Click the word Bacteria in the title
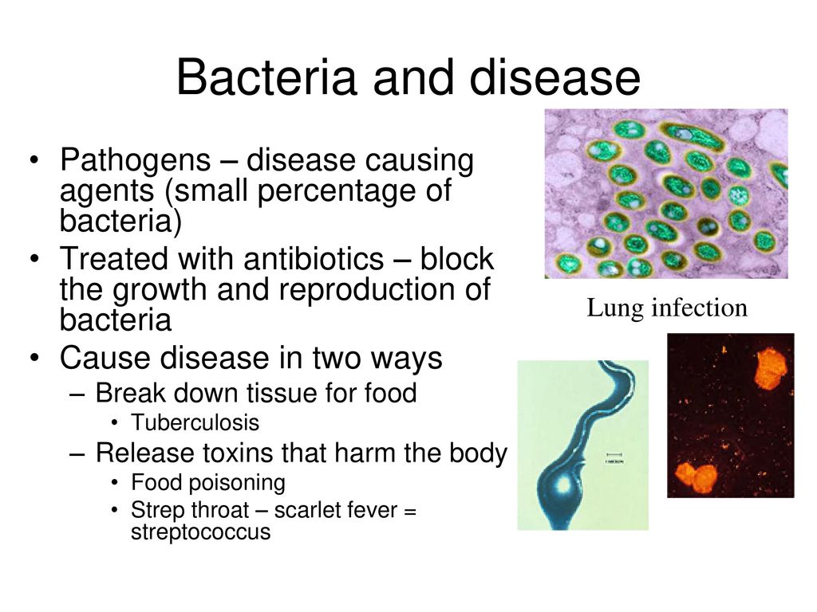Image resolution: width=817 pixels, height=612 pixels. (x=266, y=77)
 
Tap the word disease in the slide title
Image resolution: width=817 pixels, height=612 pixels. (x=555, y=77)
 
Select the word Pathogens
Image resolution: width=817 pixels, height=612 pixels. (x=135, y=161)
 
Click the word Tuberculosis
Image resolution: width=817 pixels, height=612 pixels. (x=195, y=422)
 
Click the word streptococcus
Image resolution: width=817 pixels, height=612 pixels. (x=200, y=532)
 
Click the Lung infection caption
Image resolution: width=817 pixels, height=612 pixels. (x=667, y=308)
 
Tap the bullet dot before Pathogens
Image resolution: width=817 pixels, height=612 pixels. (x=34, y=159)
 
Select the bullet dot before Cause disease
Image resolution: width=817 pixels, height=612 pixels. (x=34, y=359)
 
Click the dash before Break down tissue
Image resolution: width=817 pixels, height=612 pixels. (x=77, y=394)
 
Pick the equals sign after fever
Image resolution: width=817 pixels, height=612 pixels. (x=410, y=511)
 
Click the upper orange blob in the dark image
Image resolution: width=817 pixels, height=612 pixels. (x=772, y=369)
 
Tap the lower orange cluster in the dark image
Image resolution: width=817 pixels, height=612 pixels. (x=696, y=478)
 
